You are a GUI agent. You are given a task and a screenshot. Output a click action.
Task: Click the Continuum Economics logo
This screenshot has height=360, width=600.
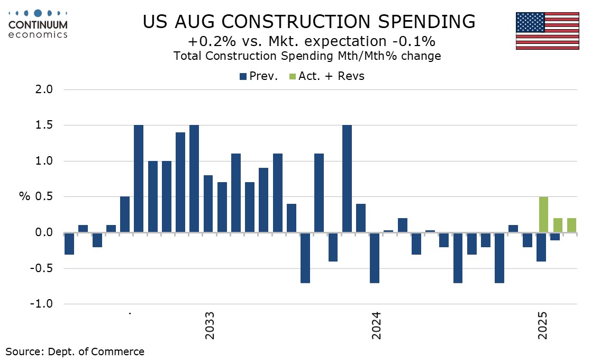(x=38, y=24)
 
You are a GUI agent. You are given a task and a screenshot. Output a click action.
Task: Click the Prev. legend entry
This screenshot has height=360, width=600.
(x=259, y=76)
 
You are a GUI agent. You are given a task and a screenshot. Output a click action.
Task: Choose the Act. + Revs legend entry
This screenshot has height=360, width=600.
(x=326, y=76)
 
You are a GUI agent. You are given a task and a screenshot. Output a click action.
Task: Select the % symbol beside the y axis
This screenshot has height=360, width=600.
(x=24, y=197)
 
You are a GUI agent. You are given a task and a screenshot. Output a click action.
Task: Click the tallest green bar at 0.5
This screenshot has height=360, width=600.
(x=544, y=214)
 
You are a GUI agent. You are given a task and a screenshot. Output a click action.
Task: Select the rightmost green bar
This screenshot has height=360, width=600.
(x=571, y=225)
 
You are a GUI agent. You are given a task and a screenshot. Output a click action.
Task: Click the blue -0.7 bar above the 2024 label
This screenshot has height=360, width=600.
(x=375, y=258)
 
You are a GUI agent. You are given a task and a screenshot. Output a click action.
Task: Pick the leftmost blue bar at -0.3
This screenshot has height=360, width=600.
(x=69, y=244)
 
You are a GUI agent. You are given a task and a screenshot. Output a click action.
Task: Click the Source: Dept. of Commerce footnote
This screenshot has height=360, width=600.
(x=75, y=351)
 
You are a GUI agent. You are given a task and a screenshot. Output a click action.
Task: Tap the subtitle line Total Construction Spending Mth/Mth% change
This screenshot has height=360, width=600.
(x=307, y=56)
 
